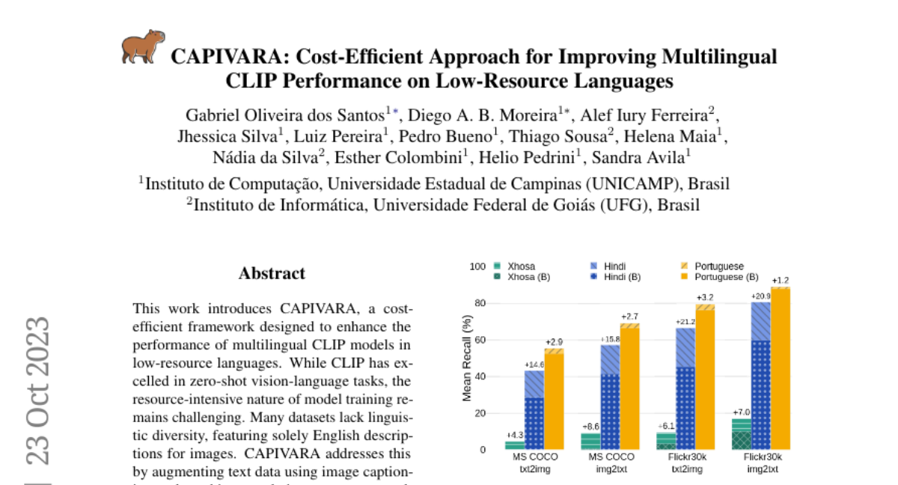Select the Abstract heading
pos(272,273)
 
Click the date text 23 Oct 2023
pos(38,391)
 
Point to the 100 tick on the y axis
pos(477,266)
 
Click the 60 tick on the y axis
pos(480,340)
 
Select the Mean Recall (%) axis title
pos(466,358)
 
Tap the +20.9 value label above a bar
pos(762,296)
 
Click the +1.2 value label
pos(781,281)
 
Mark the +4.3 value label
pos(515,435)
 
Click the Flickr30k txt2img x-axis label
pos(686,463)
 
